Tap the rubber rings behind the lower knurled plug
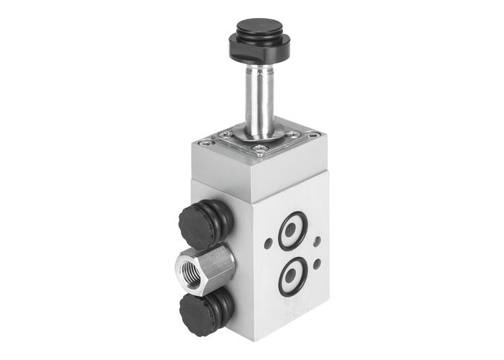coord(222,301)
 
